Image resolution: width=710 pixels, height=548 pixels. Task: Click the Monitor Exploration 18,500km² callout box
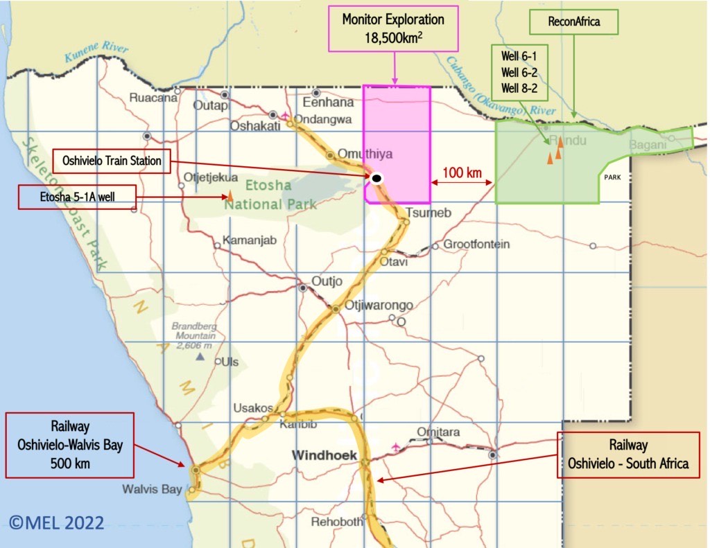tap(393, 28)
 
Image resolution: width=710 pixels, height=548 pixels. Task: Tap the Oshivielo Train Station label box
tap(112, 161)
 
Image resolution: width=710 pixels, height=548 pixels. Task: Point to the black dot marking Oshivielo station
tap(376, 179)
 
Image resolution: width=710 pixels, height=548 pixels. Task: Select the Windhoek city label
tap(324, 455)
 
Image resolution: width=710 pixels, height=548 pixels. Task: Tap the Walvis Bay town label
tap(152, 489)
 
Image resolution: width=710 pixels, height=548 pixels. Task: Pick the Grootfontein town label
tap(476, 245)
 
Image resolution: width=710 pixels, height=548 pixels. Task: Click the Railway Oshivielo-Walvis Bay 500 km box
tap(69, 445)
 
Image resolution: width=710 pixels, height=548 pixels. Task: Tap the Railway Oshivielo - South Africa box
tap(628, 454)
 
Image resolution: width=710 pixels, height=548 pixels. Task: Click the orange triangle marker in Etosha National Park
tap(230, 197)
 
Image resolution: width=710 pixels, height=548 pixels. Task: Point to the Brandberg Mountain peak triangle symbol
tap(200, 356)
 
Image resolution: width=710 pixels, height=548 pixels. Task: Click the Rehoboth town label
tap(336, 522)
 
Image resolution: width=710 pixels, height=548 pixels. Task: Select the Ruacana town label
tap(153, 98)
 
